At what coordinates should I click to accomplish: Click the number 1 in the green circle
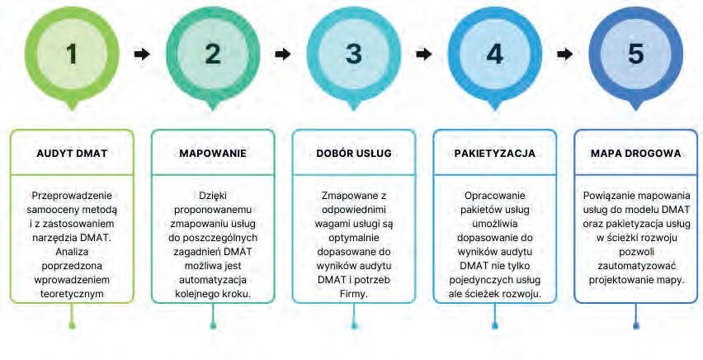tap(72, 54)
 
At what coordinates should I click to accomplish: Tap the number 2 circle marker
tap(213, 54)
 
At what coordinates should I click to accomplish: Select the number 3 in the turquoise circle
tap(354, 54)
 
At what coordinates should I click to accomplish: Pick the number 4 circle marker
tap(494, 54)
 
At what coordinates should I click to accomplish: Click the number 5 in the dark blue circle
tap(635, 54)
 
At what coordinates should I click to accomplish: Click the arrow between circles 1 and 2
tap(142, 54)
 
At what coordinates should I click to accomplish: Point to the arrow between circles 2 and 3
tap(283, 54)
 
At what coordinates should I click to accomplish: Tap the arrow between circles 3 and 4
tap(424, 54)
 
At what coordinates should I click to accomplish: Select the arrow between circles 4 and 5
tap(565, 54)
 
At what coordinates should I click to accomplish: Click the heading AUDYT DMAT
tap(72, 154)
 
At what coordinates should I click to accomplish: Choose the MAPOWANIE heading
tap(213, 154)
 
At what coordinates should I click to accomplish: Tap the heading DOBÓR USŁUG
tap(354, 154)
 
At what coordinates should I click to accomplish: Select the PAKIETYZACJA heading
tap(494, 154)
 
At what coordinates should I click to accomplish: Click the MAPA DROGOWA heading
tap(635, 154)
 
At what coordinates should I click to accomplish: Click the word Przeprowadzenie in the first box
tap(72, 195)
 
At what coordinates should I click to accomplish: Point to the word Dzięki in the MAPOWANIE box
tap(213, 195)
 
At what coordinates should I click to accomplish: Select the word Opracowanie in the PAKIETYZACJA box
tap(494, 195)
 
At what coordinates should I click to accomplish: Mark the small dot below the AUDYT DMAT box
tap(72, 325)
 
